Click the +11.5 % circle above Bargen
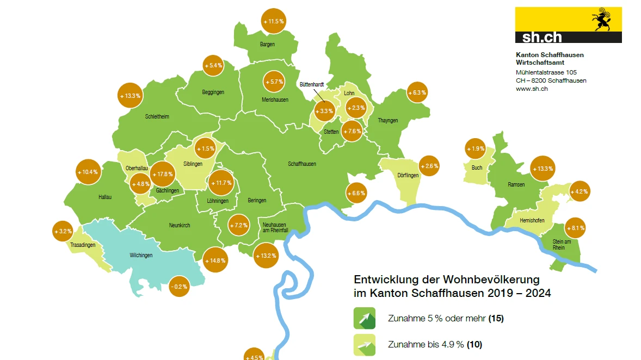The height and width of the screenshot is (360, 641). tap(274, 21)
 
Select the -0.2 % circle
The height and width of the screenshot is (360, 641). tap(179, 286)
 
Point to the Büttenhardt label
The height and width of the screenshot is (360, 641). tap(311, 85)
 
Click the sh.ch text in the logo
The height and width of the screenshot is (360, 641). tap(541, 37)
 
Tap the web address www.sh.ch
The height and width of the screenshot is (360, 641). tap(532, 89)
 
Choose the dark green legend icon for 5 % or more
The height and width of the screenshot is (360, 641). tap(365, 318)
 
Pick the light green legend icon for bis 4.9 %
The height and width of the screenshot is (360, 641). tap(365, 345)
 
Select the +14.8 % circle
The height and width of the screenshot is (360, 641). tap(215, 260)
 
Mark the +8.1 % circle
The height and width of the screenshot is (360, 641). tap(575, 228)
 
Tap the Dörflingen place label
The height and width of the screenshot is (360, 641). tap(408, 175)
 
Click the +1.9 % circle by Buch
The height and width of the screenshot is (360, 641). tap(475, 149)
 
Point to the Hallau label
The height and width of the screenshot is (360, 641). tap(105, 197)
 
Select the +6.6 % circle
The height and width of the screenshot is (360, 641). tap(356, 193)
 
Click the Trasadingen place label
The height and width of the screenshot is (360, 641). tap(83, 245)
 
